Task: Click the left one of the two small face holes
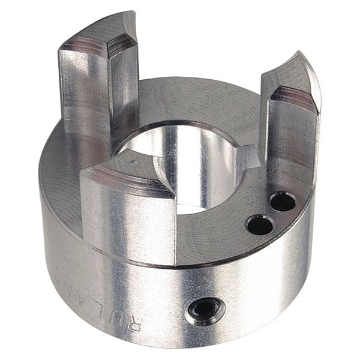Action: [259, 225]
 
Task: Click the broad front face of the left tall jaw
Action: [84, 90]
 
